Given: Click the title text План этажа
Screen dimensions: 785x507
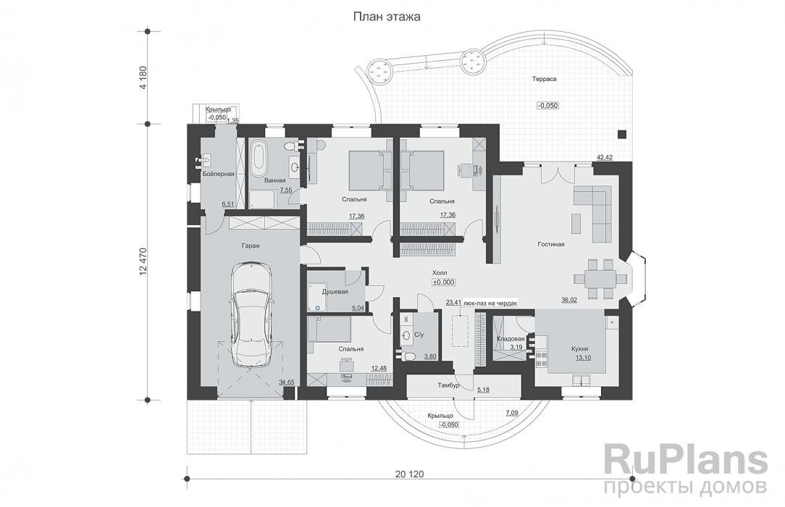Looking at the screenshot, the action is click(x=387, y=17).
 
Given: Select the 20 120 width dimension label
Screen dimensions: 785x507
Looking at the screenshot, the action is click(x=410, y=474).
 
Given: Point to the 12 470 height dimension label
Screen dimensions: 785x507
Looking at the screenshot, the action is click(x=145, y=261).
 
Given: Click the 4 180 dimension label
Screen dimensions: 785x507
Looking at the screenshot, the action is click(x=145, y=78).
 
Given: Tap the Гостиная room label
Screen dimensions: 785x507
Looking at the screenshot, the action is click(x=551, y=244).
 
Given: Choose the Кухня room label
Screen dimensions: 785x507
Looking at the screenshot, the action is click(x=580, y=349).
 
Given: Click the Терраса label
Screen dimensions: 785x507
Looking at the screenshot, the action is click(x=544, y=79).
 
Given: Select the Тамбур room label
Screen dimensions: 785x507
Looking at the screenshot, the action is click(x=448, y=385).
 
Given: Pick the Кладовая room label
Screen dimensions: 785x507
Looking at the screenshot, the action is click(x=511, y=339).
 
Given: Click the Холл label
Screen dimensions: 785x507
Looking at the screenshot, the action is click(x=440, y=273).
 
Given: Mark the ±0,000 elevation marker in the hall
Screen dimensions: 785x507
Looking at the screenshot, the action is click(x=443, y=282).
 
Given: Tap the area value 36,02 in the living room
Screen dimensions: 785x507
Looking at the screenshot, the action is click(x=570, y=301).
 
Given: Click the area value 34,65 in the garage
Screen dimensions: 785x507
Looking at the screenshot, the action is click(x=287, y=382).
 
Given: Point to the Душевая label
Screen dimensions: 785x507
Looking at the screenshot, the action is click(x=335, y=291).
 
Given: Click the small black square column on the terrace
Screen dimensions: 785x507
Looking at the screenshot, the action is click(x=622, y=134).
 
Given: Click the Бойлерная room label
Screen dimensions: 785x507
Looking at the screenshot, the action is click(x=219, y=174).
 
